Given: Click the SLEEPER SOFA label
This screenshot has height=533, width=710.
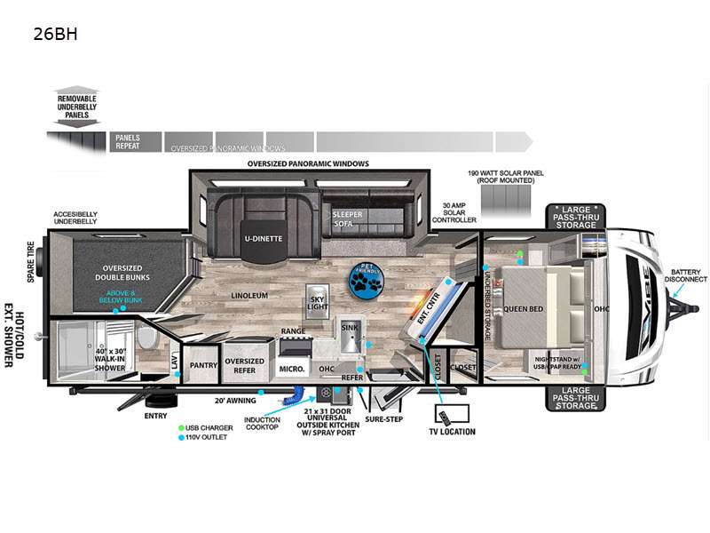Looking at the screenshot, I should coord(347,219).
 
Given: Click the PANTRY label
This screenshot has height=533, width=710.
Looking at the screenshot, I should coord(204,364).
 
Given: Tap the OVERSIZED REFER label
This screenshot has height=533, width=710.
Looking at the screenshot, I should coord(244,365).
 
